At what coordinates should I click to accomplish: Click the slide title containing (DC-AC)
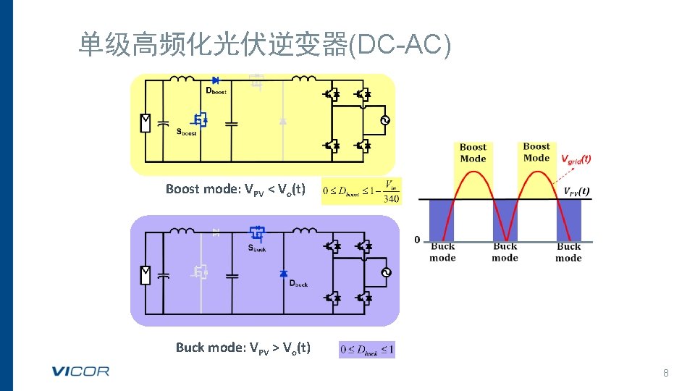pos(264,45)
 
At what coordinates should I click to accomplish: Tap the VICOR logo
pos(80,371)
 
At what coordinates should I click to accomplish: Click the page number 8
pos(666,373)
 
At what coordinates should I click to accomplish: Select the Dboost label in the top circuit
pos(216,92)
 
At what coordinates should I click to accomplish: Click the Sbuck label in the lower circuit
pos(257,248)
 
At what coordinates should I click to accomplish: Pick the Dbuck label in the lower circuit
pos(298,284)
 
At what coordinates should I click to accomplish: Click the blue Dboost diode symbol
pos(215,80)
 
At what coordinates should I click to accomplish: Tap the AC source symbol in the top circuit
pos(384,120)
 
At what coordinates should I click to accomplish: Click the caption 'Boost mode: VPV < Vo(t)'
pos(235,190)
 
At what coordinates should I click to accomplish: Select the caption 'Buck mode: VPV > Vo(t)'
pos(243,348)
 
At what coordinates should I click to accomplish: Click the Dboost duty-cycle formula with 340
pos(361,191)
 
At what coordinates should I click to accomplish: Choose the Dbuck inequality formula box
pos(366,350)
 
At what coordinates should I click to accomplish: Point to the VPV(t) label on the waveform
pos(576,192)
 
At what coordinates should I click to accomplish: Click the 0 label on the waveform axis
pos(417,240)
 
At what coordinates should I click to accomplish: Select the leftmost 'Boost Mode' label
pos(473,153)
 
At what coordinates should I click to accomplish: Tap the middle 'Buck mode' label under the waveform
pos(505,252)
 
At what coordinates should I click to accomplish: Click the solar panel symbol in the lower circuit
pos(145,274)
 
